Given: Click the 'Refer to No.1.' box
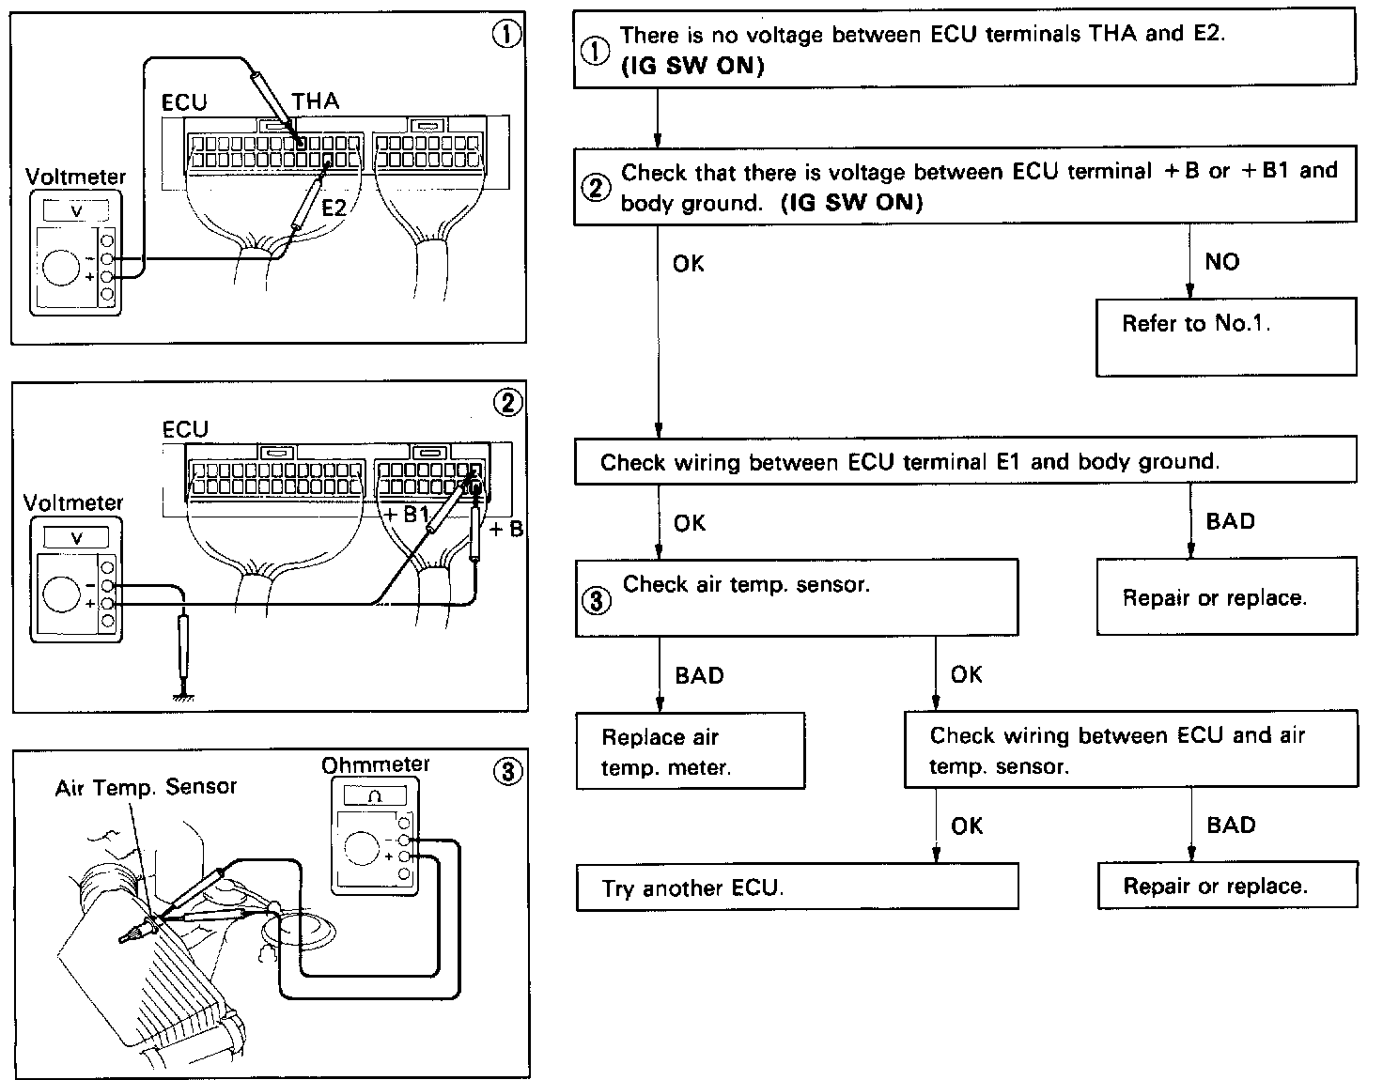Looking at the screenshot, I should click(1225, 336).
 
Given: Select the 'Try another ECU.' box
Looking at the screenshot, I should click(797, 887).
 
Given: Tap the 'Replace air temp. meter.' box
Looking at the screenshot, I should click(690, 751).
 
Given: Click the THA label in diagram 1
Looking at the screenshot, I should click(316, 101).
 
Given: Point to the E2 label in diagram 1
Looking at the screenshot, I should click(334, 208).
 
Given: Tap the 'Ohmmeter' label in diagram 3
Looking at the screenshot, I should click(376, 764).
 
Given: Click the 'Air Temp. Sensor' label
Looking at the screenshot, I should click(146, 787).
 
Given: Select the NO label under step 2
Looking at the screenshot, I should click(1221, 262).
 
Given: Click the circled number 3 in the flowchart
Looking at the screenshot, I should click(596, 602).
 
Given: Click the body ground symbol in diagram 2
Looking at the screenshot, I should click(183, 694).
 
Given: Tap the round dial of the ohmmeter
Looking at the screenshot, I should click(363, 848).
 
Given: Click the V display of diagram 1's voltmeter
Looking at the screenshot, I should click(77, 211).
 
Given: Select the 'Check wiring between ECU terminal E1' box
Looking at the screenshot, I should click(965, 462).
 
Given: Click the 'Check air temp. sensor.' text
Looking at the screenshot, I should click(746, 584).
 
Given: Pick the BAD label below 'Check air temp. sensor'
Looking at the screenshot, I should click(699, 675).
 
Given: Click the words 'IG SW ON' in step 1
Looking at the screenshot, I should click(692, 67).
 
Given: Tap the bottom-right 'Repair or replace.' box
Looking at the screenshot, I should click(1227, 886).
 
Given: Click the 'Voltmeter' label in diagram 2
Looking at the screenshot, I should click(73, 502).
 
